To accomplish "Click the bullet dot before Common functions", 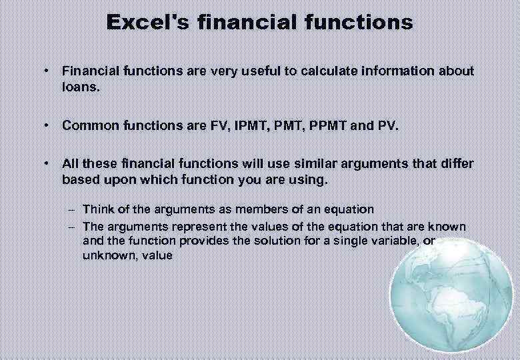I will (45, 125).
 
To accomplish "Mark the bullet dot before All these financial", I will (45, 164).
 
